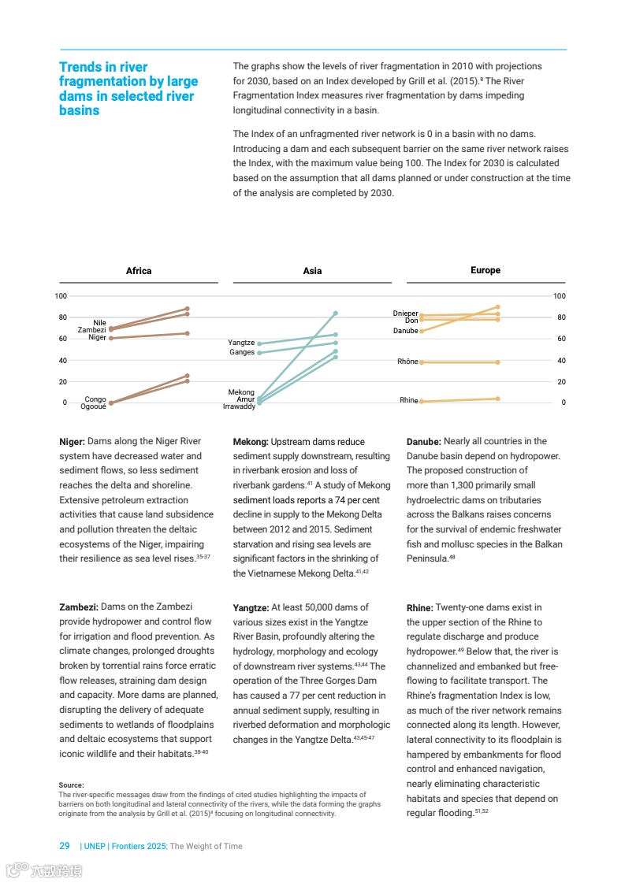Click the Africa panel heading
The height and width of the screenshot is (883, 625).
(139, 271)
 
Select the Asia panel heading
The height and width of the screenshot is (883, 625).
(312, 271)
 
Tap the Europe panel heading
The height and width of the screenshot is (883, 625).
(485, 270)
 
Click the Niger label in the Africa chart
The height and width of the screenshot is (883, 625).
(97, 337)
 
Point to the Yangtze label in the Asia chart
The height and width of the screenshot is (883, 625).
(241, 343)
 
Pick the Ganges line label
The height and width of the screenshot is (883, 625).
(242, 352)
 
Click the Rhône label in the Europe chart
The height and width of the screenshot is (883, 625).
(407, 362)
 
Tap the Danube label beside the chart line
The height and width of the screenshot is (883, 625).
(405, 331)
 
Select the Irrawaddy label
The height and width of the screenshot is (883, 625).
(239, 406)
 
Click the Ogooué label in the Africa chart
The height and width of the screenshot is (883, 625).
(94, 406)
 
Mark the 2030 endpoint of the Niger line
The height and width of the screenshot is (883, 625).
(187, 333)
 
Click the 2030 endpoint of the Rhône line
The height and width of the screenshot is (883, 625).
(498, 362)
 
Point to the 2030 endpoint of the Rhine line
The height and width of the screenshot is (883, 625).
(498, 399)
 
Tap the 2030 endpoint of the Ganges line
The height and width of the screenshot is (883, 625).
(336, 343)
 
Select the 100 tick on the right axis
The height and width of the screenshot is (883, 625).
(560, 296)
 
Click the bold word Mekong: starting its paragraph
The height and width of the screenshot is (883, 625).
(251, 442)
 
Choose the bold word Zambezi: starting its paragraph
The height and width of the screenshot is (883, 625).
(79, 607)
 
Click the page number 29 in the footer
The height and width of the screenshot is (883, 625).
(65, 846)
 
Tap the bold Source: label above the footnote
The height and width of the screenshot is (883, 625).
(72, 785)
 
